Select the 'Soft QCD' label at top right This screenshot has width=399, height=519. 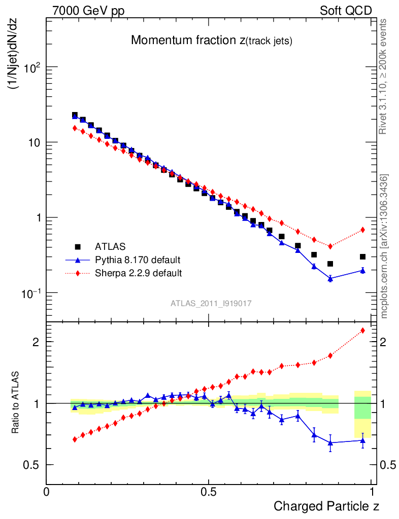[346, 11]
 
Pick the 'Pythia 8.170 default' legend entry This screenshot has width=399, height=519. [138, 260]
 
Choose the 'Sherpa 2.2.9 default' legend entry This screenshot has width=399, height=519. [138, 273]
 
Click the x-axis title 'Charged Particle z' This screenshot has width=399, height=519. [326, 506]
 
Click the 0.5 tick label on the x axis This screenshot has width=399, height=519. [209, 491]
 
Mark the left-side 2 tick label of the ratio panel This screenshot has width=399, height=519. [36, 342]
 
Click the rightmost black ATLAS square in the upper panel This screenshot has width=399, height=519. [362, 257]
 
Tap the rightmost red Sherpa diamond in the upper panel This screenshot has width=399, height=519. [362, 230]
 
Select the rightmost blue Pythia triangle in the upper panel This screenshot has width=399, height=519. [362, 270]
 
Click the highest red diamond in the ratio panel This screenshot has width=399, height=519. [362, 330]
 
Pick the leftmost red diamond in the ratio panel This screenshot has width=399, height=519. [75, 439]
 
